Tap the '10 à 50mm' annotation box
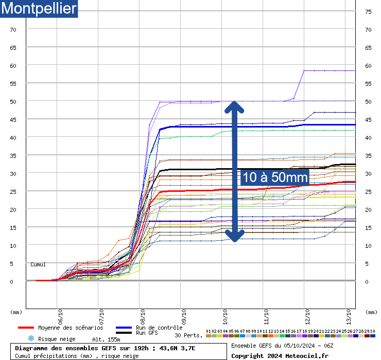(x=275, y=177)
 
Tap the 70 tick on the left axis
(x=13, y=30)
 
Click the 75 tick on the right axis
(x=368, y=12)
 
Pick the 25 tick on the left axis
(x=13, y=192)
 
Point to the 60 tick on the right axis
(x=368, y=66)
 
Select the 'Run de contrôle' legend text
(x=159, y=328)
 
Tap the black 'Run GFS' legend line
(x=124, y=333)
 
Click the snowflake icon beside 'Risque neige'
(x=30, y=338)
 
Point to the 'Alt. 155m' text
(x=106, y=339)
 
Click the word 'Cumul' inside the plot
(x=38, y=264)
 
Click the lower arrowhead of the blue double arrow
(x=234, y=236)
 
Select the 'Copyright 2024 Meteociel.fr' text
(x=280, y=355)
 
